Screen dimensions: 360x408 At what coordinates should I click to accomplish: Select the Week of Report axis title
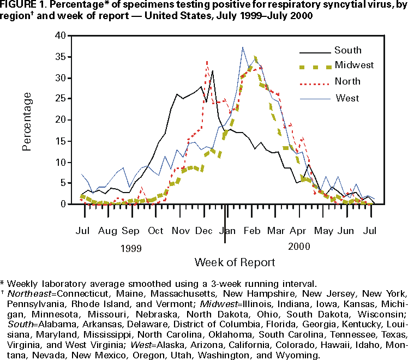235,262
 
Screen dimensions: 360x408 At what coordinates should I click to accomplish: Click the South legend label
347,51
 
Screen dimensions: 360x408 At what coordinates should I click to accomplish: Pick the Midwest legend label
354,65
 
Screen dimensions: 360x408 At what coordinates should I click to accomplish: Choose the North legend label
347,82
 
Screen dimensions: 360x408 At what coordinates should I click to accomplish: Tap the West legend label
347,98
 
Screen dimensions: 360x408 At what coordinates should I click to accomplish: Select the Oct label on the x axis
156,230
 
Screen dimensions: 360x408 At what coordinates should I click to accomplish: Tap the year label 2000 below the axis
299,247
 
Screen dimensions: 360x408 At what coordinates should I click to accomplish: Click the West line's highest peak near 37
243,47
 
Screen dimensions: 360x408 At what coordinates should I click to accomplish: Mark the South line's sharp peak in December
213,71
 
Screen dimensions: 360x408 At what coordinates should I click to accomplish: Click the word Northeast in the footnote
29,293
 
